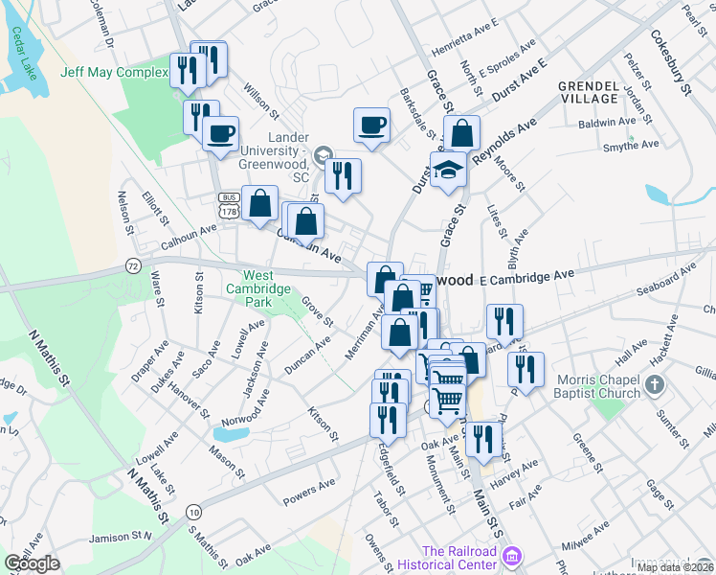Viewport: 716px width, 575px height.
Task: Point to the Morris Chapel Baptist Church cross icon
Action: tap(655, 385)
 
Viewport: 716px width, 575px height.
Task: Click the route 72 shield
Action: tap(133, 264)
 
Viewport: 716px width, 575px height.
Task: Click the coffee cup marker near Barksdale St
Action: tap(371, 125)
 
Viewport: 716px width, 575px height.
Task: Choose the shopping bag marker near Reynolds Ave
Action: tap(461, 133)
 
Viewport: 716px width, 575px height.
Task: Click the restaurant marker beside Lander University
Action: tap(342, 175)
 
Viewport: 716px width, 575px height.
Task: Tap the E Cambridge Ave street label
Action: tap(526, 276)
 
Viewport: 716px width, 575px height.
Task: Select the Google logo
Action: tap(32, 563)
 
